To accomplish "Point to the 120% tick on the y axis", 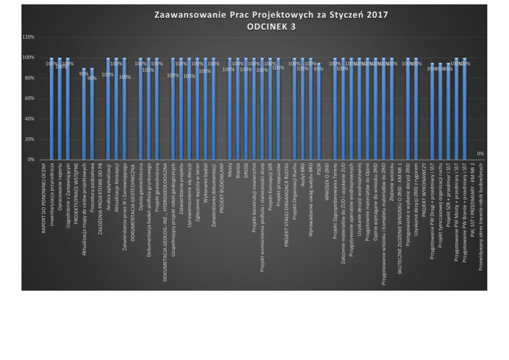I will pos(28,37).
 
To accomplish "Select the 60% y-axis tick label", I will pos(30,99).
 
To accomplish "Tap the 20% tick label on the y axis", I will pos(30,139).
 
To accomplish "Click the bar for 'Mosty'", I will pos(230,109).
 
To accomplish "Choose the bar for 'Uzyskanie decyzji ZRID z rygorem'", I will pos(416,109).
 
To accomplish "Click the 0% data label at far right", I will pos(481,154).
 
